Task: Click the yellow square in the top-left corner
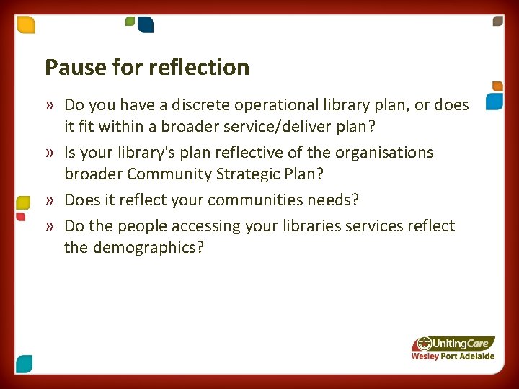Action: point(26,25)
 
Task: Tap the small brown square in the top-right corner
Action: point(497,22)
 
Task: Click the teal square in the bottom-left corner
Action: point(24,363)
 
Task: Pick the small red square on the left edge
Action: point(21,216)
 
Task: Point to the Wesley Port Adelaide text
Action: point(452,357)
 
